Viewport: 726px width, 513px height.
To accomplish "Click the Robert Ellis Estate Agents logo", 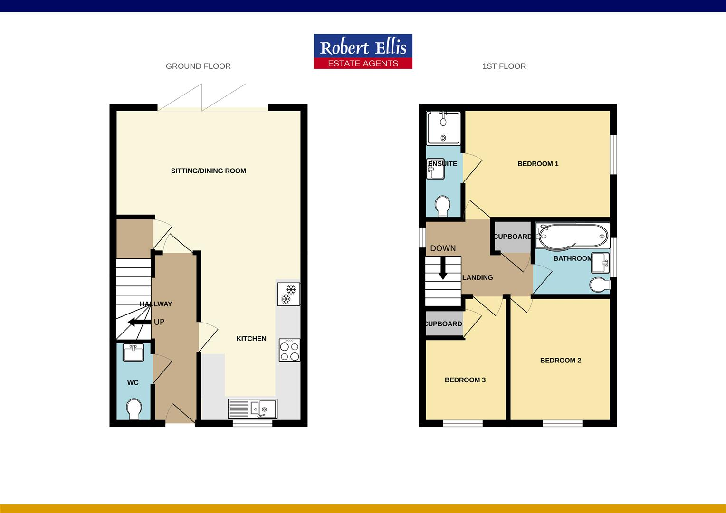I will [363, 51].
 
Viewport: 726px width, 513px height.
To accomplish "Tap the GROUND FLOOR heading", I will [198, 66].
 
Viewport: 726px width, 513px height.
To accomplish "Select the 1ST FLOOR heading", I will [504, 66].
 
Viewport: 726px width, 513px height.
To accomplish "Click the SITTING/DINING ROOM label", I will [208, 171].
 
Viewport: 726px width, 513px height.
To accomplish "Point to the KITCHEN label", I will [251, 339].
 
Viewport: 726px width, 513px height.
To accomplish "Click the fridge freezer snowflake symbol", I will [288, 294].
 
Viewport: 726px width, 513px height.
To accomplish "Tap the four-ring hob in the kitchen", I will [289, 351].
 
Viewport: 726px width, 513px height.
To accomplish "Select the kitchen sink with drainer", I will [253, 409].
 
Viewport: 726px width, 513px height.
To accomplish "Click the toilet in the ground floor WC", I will [134, 408].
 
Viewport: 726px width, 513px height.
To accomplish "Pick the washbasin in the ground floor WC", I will [134, 352].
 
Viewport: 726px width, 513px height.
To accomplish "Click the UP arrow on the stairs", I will [138, 323].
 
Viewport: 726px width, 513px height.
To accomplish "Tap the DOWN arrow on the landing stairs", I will [443, 268].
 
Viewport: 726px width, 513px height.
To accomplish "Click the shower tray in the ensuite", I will [443, 128].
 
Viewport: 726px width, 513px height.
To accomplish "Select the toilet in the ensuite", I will [443, 206].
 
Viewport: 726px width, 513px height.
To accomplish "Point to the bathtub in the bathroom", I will [572, 236].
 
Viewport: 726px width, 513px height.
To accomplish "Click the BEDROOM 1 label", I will [538, 164].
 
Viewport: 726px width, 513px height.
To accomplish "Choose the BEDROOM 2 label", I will [561, 361].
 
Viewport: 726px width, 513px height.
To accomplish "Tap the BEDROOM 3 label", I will [465, 380].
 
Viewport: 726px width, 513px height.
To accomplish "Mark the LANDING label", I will [478, 277].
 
